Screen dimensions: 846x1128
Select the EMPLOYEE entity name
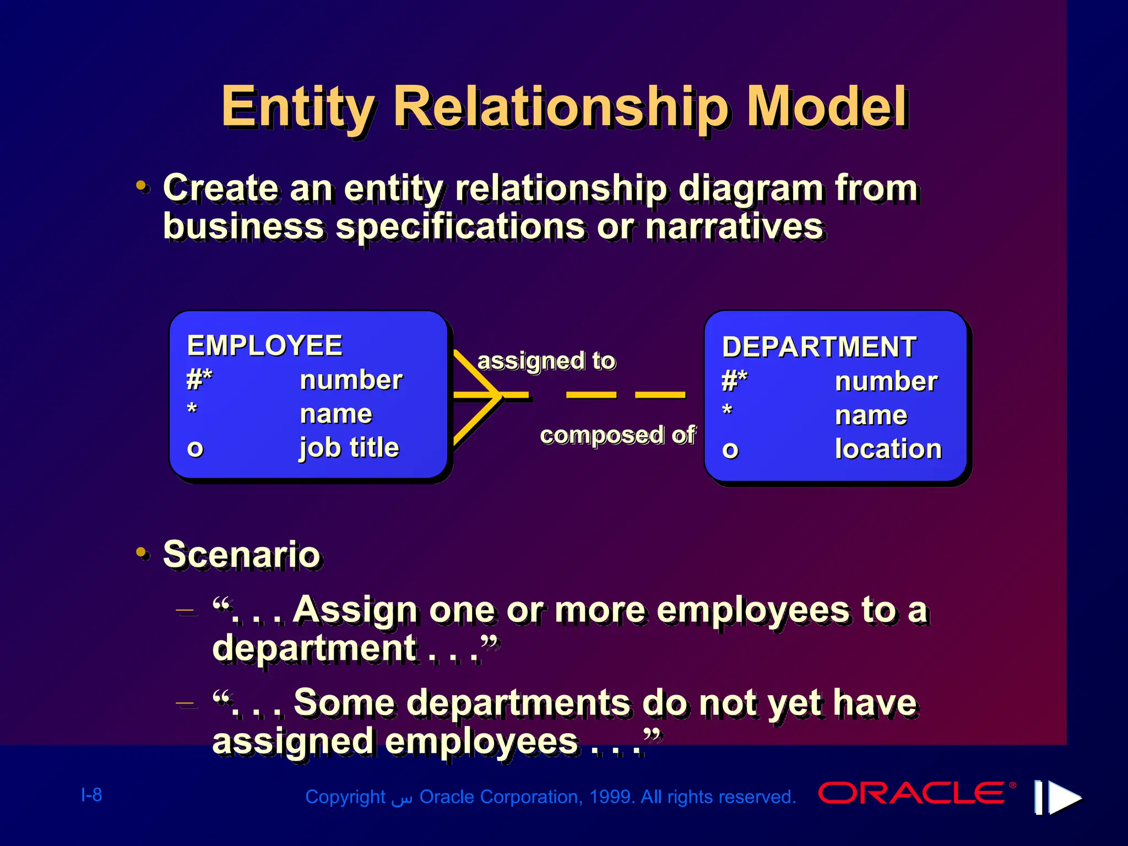point(264,346)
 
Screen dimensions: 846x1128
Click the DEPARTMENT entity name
point(819,348)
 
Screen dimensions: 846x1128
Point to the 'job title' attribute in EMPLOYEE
point(349,447)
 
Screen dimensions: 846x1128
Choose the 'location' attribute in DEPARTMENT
point(888,449)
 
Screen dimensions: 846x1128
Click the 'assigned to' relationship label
point(546,361)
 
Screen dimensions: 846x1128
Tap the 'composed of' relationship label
point(617,435)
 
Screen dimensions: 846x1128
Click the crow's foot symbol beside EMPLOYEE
point(477,395)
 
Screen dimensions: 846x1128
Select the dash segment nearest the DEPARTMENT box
point(660,395)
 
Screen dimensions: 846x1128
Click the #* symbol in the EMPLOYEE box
point(199,379)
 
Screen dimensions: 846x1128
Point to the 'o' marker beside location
point(730,450)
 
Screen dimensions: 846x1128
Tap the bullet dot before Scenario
point(142,552)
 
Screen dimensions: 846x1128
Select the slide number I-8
point(91,795)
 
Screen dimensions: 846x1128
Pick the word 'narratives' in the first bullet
point(734,226)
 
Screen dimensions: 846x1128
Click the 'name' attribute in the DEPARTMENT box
point(870,415)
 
